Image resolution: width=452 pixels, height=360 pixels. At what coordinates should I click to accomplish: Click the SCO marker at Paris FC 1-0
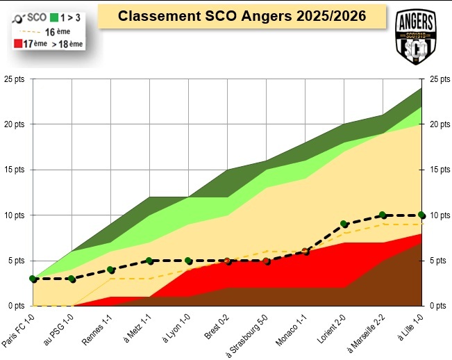[x=33, y=279]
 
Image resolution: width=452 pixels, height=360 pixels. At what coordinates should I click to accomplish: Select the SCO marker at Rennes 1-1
[x=111, y=270]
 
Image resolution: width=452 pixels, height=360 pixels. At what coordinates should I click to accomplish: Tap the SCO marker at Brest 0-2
[x=227, y=261]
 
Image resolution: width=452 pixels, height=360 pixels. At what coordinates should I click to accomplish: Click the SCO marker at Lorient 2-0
[x=344, y=224]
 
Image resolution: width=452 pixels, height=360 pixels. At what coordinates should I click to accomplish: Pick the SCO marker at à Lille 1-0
[x=421, y=215]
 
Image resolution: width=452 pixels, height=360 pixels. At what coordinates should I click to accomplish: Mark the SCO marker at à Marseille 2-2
[x=383, y=215]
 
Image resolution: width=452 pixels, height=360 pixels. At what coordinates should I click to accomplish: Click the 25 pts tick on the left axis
[x=14, y=79]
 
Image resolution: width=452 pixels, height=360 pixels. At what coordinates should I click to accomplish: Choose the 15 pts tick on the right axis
[x=440, y=170]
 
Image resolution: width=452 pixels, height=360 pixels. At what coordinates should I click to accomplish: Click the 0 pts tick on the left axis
[x=16, y=306]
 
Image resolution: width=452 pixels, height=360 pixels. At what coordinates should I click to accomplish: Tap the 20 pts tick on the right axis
[x=440, y=124]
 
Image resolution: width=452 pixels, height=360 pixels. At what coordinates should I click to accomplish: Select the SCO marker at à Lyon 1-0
[x=188, y=261]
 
